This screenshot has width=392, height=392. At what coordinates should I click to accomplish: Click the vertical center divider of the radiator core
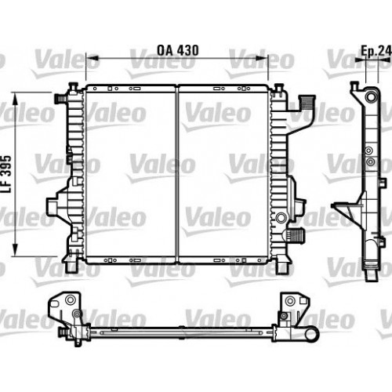click(x=178, y=172)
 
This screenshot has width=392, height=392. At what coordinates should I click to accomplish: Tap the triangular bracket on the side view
click(x=346, y=212)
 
